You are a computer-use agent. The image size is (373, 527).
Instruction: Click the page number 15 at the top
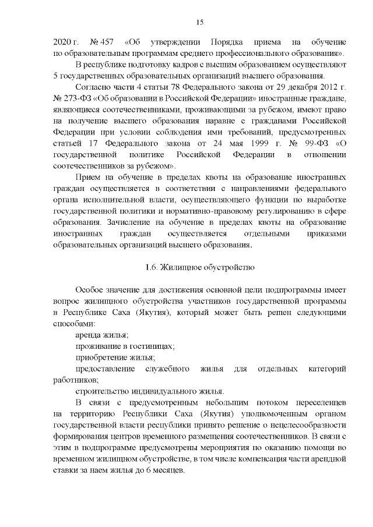click(x=199, y=22)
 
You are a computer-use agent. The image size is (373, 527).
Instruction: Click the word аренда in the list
click(x=87, y=335)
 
